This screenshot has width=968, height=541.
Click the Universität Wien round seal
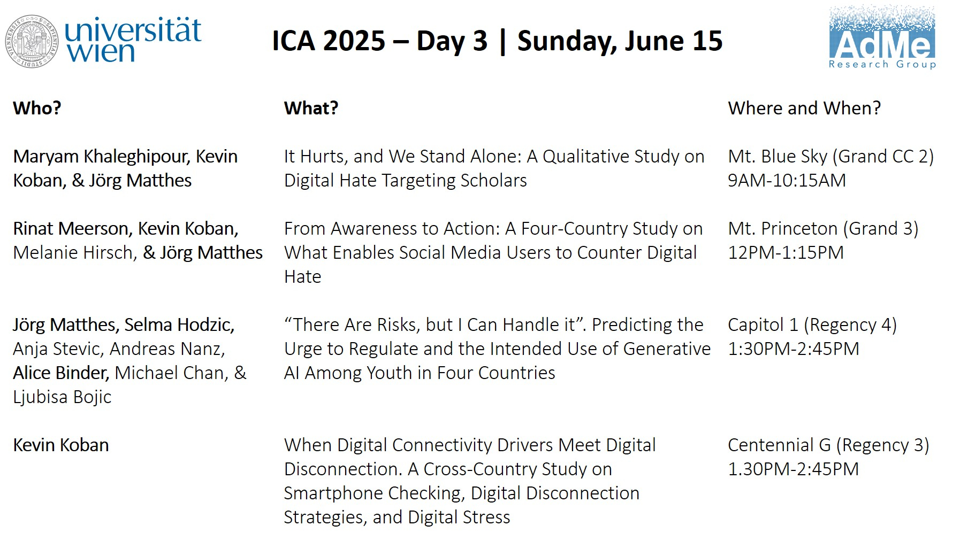pyautogui.click(x=32, y=41)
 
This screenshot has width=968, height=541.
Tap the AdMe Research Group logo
pyautogui.click(x=882, y=37)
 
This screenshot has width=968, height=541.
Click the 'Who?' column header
pyautogui.click(x=37, y=108)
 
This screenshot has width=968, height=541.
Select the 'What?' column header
pyautogui.click(x=311, y=108)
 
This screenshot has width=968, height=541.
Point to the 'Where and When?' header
pyautogui.click(x=804, y=108)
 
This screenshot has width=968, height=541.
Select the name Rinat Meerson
pyautogui.click(x=72, y=228)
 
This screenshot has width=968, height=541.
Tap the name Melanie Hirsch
pyautogui.click(x=75, y=252)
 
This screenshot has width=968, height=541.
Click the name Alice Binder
pyautogui.click(x=61, y=373)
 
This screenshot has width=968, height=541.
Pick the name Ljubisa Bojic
pyautogui.click(x=62, y=397)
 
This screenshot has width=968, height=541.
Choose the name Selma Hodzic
pyautogui.click(x=179, y=324)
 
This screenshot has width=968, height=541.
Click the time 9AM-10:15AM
pyautogui.click(x=787, y=180)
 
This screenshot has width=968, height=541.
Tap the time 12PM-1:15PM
pyautogui.click(x=786, y=252)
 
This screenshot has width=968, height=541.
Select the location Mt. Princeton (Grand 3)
pyautogui.click(x=823, y=228)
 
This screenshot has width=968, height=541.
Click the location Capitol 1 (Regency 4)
pyautogui.click(x=812, y=324)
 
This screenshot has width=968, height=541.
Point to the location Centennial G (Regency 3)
pyautogui.click(x=828, y=445)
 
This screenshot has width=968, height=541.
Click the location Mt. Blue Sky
pyautogui.click(x=778, y=156)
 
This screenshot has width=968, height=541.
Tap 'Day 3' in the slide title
pyautogui.click(x=452, y=41)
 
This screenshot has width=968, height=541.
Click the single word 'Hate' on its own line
pyautogui.click(x=302, y=276)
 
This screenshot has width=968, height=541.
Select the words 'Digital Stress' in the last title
pyautogui.click(x=459, y=517)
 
